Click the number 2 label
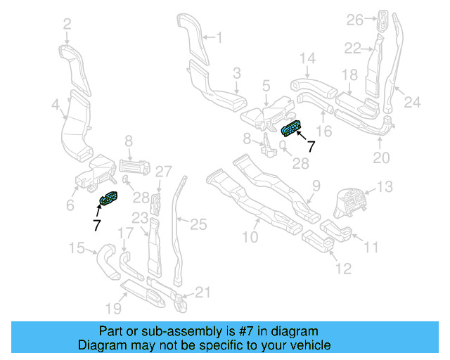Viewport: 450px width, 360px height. [x=67, y=25]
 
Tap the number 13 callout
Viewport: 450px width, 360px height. [x=385, y=187]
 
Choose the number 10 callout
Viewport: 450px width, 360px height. [x=250, y=238]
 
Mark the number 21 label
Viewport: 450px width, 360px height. [x=202, y=292]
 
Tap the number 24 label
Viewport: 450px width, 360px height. [x=411, y=102]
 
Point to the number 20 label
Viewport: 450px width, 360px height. [x=380, y=158]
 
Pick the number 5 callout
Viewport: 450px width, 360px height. [x=266, y=86]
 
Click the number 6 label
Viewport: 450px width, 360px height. [x=70, y=205]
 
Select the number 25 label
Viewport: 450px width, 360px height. [x=199, y=224]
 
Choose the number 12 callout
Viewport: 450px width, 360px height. [x=342, y=268]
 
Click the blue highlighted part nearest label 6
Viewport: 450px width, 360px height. [x=109, y=200]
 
